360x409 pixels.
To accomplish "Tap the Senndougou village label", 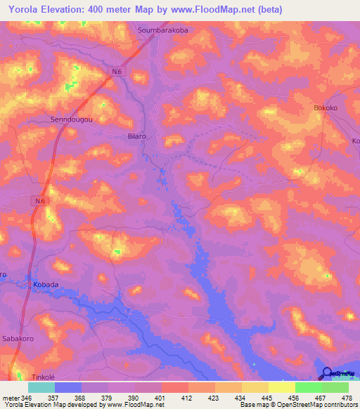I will (x=72, y=119).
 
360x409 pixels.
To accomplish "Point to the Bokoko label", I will (x=326, y=108).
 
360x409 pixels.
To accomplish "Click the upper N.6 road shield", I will (x=117, y=71).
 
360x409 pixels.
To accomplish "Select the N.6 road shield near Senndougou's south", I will (x=41, y=200).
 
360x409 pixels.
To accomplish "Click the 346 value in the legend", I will (x=27, y=398).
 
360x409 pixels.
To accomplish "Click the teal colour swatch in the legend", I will (x=41, y=387).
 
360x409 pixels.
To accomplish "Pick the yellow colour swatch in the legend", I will (x=282, y=387).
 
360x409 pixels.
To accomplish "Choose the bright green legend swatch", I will (x=309, y=387).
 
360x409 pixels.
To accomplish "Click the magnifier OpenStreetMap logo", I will (x=327, y=372).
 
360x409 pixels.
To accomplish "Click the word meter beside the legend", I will (x=11, y=398).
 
